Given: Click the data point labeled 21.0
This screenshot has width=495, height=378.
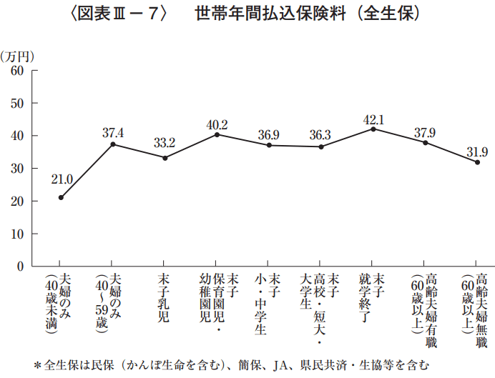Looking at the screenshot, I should [x=61, y=198].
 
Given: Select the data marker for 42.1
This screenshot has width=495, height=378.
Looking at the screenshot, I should [x=373, y=129].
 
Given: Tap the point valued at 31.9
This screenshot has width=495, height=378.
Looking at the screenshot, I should [x=477, y=162].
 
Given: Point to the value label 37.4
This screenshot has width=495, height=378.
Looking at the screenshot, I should [x=113, y=132].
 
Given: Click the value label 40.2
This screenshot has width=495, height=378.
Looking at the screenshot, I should [x=217, y=124].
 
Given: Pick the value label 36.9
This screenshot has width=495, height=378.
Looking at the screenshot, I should [x=269, y=134].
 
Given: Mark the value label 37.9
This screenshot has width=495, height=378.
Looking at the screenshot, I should [x=425, y=131].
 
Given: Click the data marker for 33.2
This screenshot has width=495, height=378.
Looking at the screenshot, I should [x=165, y=158].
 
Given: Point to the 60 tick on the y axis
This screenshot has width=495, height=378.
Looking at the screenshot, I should [x=17, y=71].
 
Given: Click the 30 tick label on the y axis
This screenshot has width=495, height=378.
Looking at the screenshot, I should [x=17, y=169].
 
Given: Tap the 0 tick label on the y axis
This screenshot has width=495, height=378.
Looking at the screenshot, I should [x=21, y=267].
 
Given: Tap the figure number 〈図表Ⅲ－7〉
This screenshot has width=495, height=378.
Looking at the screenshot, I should [x=119, y=14].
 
